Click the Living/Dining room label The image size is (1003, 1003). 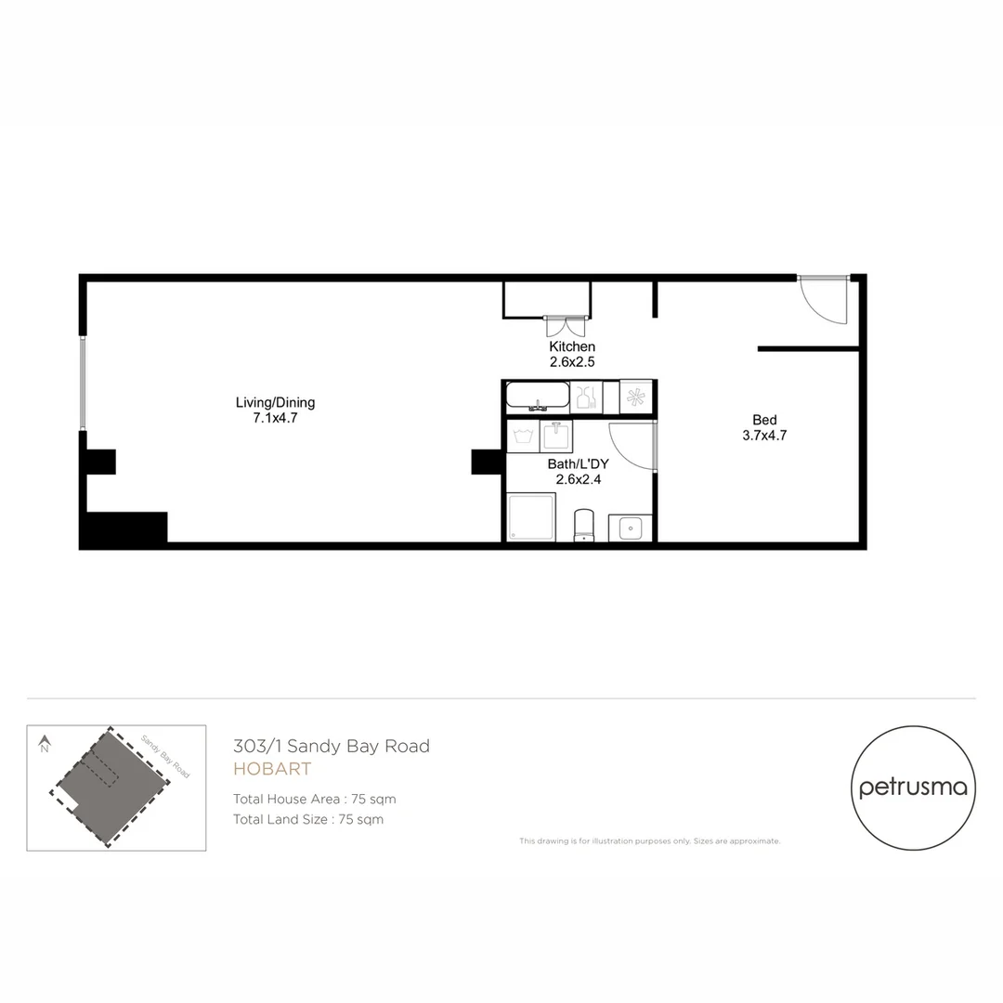[x=275, y=402]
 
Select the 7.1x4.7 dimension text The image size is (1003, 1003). [x=275, y=418]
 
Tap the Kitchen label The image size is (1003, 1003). [x=572, y=346]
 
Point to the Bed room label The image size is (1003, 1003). [x=764, y=420]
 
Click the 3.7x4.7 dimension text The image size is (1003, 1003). [x=764, y=435]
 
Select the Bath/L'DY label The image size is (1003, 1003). [x=578, y=463]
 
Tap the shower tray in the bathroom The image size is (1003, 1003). [x=531, y=517]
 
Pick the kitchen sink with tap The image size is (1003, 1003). [x=538, y=397]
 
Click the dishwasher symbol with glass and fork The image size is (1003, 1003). [x=586, y=397]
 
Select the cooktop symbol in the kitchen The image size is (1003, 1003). [x=636, y=397]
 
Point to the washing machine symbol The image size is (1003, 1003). [x=522, y=436]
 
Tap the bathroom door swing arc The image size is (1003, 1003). [x=632, y=446]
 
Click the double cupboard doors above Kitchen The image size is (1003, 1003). [x=566, y=326]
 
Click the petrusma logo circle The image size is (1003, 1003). [x=913, y=788]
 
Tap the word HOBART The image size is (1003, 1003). [x=272, y=769]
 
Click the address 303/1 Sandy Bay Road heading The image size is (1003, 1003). [x=332, y=746]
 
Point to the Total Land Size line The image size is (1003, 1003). [x=308, y=819]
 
